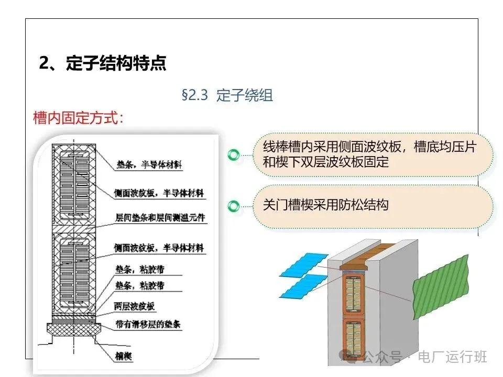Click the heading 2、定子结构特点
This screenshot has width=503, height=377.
point(103,63)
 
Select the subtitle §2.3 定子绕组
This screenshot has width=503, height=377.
point(227,95)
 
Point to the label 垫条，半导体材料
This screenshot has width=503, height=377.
point(147,166)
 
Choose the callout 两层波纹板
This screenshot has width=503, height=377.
point(135,306)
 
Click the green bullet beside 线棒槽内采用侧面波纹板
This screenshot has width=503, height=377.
point(234,154)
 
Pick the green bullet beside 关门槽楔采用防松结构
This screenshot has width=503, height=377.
point(234,206)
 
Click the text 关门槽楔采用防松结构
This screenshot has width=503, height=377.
point(325,204)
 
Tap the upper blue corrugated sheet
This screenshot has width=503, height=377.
point(304,263)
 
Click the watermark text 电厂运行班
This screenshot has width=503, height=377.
point(452,357)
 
